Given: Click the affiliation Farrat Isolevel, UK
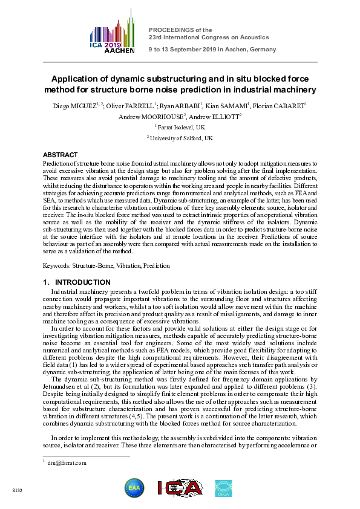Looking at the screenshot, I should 181,128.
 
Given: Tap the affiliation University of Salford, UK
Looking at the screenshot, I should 181,138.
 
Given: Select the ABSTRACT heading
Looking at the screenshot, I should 61,155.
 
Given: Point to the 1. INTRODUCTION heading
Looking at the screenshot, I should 77,282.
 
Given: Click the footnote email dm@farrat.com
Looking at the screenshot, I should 70,463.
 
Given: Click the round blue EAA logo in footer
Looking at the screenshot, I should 134,488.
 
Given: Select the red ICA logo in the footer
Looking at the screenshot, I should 179,488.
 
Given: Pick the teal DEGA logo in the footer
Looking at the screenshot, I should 223,488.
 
